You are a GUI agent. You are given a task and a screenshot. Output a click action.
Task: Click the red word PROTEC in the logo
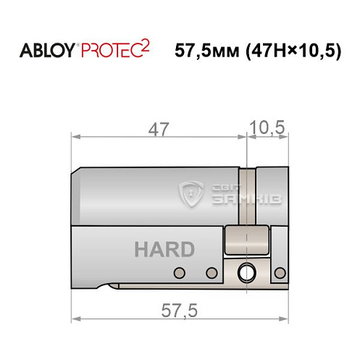[112, 51]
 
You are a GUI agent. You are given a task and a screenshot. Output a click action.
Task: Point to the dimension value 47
[159, 130]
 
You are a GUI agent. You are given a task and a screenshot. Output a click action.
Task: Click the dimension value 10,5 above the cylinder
[267, 129]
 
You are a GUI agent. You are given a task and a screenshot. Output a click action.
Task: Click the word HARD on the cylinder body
[164, 249]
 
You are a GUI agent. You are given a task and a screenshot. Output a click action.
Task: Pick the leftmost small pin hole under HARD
[177, 273]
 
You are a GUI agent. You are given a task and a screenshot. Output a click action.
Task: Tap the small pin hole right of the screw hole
[277, 273]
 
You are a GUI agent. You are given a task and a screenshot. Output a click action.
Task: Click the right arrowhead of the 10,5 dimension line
[285, 136]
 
